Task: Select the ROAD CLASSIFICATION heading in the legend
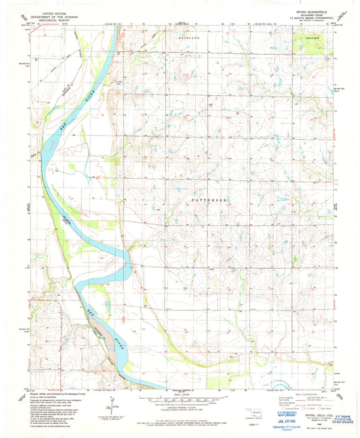click(306, 395)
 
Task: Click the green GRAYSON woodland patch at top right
click(312, 47)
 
